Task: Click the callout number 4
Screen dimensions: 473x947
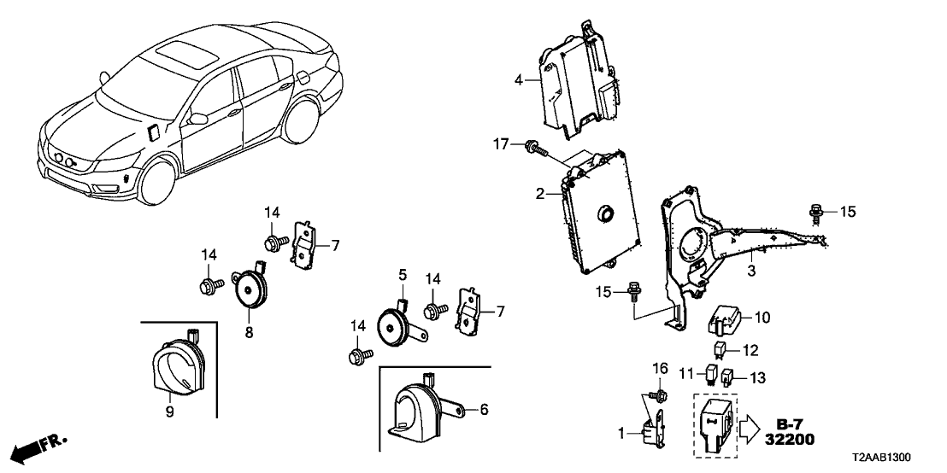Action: (x=518, y=82)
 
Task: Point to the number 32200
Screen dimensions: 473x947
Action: (x=791, y=440)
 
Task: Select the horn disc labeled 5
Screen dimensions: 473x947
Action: (x=395, y=324)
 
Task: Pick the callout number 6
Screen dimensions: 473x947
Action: (x=484, y=411)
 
